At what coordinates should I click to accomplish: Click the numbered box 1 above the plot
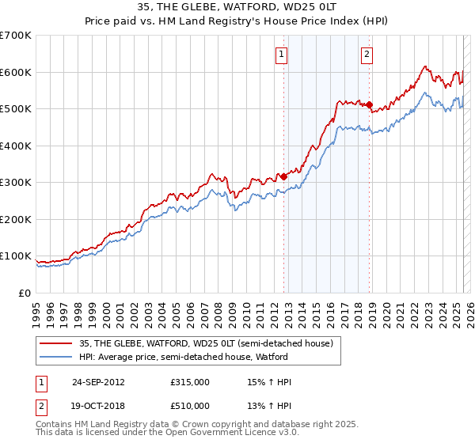pyautogui.click(x=282, y=55)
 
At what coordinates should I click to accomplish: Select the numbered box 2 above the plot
pyautogui.click(x=367, y=55)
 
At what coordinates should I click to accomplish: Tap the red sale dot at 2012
pyautogui.click(x=283, y=177)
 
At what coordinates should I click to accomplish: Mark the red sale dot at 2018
pyautogui.click(x=369, y=104)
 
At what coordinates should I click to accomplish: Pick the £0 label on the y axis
pyautogui.click(x=25, y=293)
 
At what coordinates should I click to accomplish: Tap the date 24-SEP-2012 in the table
pyautogui.click(x=98, y=382)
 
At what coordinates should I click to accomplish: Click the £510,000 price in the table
pyautogui.click(x=190, y=406)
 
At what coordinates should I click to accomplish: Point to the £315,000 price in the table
pyautogui.click(x=190, y=382)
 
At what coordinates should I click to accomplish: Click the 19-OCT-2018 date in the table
pyautogui.click(x=98, y=406)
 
